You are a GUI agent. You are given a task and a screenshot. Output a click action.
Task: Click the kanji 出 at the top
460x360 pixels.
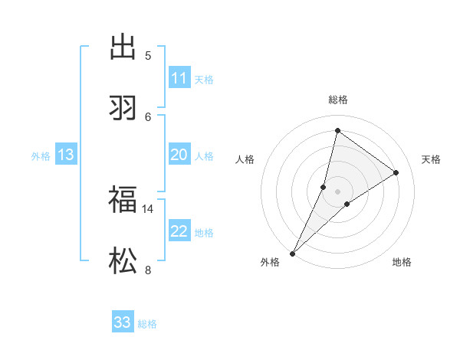123,47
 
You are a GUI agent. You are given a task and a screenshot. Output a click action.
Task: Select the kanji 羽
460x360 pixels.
123,107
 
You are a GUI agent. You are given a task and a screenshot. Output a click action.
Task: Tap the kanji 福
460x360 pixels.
123,201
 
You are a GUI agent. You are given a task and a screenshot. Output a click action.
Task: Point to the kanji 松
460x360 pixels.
123,261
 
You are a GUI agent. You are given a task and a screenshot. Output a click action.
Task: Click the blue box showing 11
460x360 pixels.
179,78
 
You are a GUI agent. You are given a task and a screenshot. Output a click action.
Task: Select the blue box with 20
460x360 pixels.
179,155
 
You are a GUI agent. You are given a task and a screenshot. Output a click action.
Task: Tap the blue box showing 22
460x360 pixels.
179,231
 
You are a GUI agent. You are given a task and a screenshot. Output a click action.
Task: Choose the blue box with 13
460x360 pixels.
66,155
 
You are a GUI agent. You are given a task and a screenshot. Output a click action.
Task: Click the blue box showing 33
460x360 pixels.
123,322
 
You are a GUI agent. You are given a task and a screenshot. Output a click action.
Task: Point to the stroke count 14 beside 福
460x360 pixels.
148,208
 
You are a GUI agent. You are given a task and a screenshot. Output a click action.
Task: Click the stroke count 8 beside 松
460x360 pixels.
148,269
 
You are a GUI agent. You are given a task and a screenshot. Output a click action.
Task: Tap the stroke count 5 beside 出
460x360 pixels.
148,55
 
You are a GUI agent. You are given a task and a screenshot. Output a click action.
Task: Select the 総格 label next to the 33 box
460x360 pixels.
147,324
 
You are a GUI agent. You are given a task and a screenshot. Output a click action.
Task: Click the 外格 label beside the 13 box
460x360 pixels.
41,156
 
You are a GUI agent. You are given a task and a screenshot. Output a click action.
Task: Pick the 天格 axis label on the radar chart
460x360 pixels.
431,159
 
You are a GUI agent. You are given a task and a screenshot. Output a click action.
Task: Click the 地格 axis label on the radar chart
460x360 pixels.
402,262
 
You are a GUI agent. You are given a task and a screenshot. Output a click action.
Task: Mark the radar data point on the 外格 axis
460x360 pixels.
292,253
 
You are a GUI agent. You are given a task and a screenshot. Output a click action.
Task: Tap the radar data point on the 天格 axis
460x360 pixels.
396,172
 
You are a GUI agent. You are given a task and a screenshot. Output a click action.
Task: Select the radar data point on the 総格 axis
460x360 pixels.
337,130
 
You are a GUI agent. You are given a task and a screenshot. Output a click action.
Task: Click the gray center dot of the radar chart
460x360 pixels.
337,191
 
